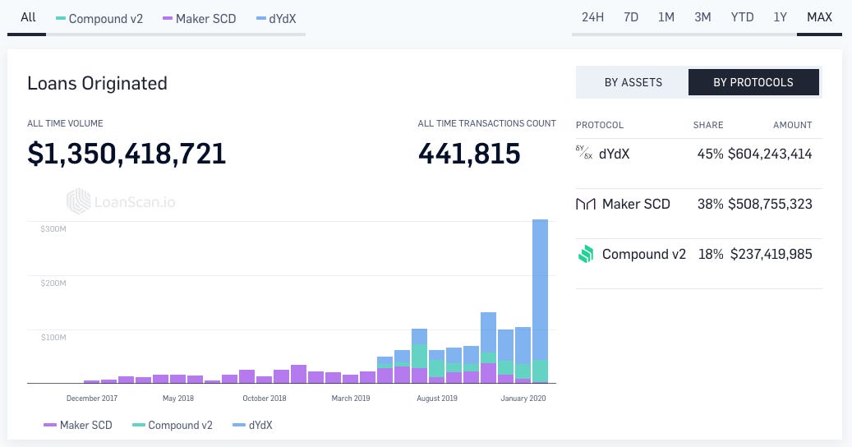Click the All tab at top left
point(28,17)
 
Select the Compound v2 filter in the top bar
point(99,18)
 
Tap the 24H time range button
point(593,17)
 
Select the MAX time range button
point(819,17)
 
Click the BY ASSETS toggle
point(633,82)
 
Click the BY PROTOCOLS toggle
point(753,82)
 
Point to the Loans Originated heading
point(97,83)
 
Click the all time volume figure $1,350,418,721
point(127,154)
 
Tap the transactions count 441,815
point(469,154)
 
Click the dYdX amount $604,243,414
point(770,154)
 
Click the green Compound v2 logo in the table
point(585,255)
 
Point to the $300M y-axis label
point(53,228)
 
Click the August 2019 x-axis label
point(437,399)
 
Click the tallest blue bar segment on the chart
point(540,288)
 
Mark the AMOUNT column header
point(792,125)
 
